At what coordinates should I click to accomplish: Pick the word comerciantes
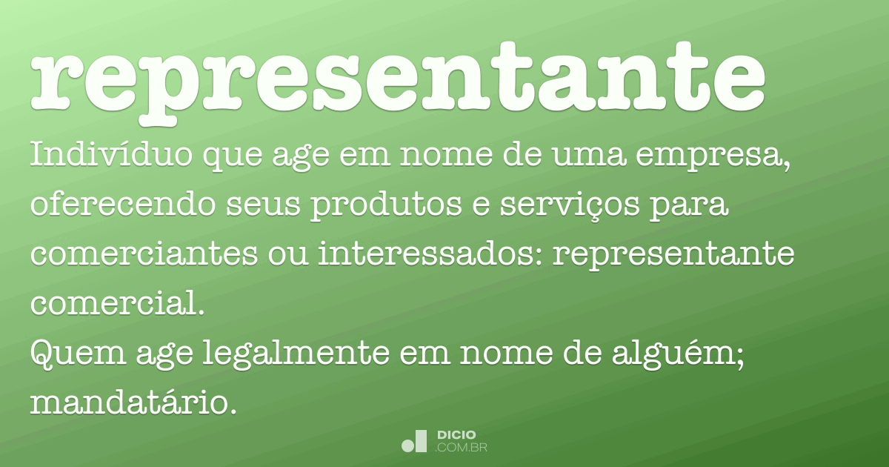(x=140, y=254)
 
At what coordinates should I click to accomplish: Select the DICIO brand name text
(x=456, y=434)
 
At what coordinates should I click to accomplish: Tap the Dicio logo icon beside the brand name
(x=414, y=441)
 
